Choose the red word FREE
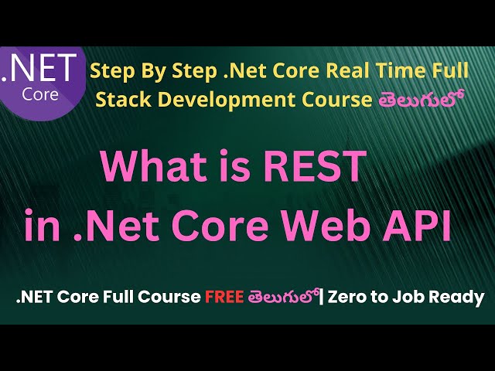click(225, 298)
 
